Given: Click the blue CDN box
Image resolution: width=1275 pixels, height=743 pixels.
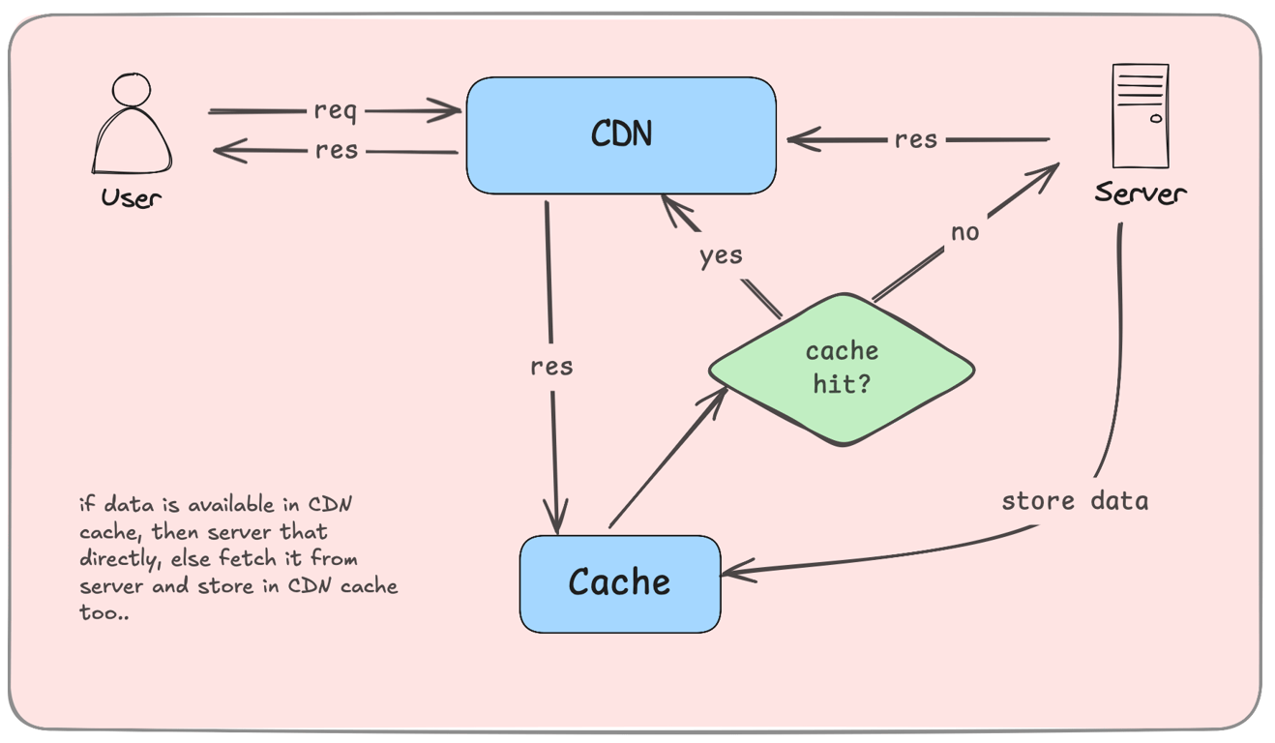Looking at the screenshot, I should point(621,135).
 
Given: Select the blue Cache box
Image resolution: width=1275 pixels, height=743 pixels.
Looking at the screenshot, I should point(619,583).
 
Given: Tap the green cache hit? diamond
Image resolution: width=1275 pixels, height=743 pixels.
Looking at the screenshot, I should point(842,370).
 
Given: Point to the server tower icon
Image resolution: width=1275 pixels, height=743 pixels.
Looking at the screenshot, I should point(1141,116).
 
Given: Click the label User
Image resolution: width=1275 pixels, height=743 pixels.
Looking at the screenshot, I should point(131,198).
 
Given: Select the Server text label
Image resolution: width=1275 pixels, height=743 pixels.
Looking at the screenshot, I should point(1141,193).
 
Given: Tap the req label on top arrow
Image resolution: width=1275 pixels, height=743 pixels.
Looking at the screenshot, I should point(335,111).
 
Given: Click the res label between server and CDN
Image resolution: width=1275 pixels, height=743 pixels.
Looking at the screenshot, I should point(915,139).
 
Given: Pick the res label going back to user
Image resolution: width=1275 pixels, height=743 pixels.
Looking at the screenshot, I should point(336,151).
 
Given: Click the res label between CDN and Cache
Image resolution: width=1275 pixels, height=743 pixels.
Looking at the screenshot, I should point(551,367).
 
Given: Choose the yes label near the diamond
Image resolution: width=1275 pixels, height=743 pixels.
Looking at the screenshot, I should point(722,255).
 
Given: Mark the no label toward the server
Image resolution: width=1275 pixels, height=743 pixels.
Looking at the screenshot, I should point(964,233).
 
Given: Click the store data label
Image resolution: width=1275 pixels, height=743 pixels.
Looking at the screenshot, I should point(1075,501).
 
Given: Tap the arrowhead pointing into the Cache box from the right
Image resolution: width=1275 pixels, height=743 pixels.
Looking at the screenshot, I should point(731,573).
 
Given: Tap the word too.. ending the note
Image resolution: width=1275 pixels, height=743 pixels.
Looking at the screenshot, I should point(104,613).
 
